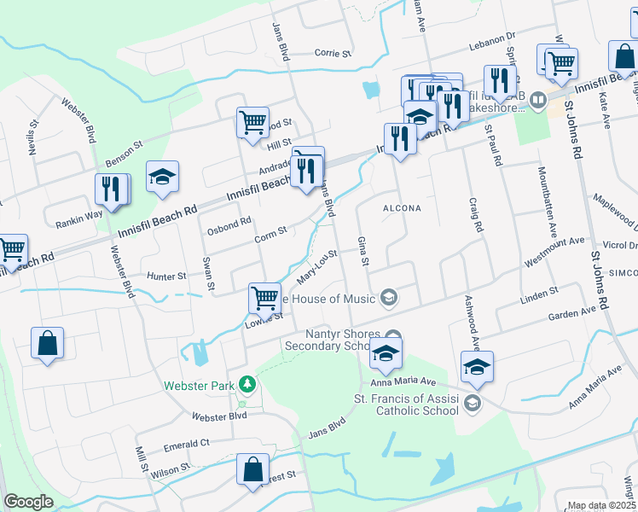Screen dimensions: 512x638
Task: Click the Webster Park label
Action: point(199,386)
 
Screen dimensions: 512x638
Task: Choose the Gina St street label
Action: point(364,251)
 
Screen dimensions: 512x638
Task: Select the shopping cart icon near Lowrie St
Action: point(264,298)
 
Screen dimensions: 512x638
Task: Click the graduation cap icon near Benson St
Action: point(162,177)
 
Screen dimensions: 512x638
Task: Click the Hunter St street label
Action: point(166,276)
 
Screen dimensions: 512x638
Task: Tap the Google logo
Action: point(29,502)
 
